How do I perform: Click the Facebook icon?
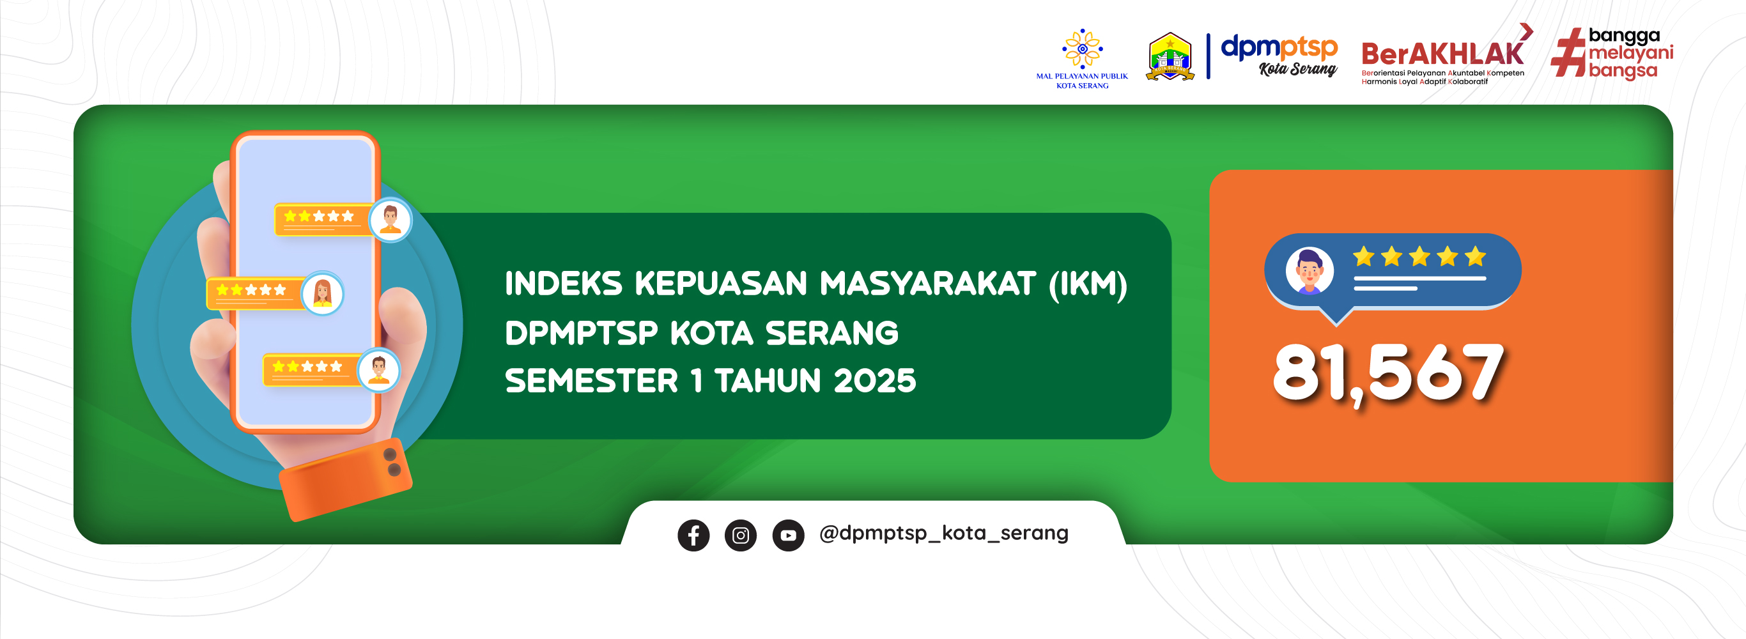693,535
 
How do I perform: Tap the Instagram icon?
741,535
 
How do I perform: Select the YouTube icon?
788,535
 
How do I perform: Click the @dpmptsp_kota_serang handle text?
943,534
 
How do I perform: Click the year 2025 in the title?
874,381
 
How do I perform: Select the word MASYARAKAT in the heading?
928,284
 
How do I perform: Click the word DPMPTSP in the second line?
581,334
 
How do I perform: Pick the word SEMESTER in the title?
591,381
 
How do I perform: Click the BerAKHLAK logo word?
1443,54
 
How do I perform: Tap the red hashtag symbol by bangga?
1568,52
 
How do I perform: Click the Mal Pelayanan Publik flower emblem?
1083,48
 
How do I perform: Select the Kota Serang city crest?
1170,57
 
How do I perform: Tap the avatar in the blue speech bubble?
1309,270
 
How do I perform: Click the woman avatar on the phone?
323,293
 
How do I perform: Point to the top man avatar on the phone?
390,220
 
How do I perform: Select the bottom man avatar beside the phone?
379,370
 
